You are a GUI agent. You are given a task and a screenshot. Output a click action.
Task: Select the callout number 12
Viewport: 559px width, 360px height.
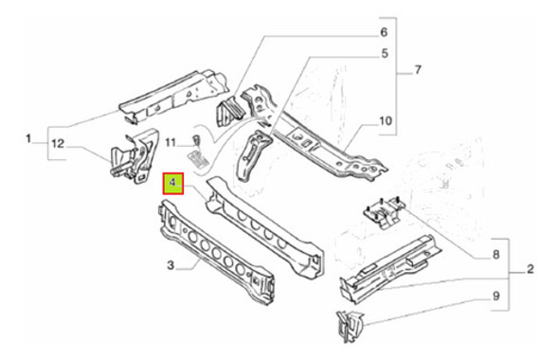tap(59, 142)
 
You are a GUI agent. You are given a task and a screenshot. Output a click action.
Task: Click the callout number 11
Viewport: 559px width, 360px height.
tap(170, 142)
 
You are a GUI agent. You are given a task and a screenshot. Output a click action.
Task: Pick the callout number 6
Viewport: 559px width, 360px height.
tap(385, 32)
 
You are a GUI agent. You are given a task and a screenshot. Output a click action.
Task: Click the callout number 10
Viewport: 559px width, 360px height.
tap(385, 120)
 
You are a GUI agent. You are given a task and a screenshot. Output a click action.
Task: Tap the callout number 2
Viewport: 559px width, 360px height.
tap(531, 270)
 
